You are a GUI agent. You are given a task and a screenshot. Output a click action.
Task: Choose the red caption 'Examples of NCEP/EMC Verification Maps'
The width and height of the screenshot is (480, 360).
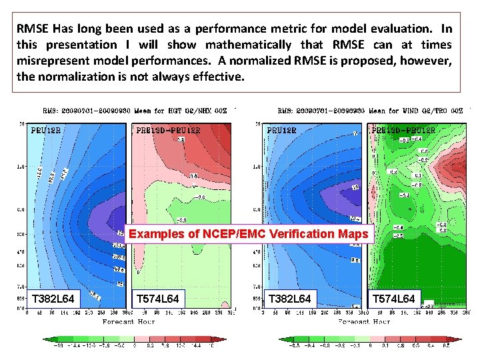tap(248, 234)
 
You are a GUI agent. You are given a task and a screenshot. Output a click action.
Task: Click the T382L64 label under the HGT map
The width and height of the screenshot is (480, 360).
tap(53, 299)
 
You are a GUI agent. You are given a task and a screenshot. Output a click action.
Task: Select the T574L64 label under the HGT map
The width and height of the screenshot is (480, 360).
tap(157, 299)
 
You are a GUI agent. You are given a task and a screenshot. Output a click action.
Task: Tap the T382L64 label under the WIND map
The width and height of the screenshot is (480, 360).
tap(289, 299)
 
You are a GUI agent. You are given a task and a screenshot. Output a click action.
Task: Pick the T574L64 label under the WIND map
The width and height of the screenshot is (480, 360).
tap(393, 299)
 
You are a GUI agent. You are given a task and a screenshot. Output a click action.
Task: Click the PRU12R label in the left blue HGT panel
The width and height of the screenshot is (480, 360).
tap(46, 130)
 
